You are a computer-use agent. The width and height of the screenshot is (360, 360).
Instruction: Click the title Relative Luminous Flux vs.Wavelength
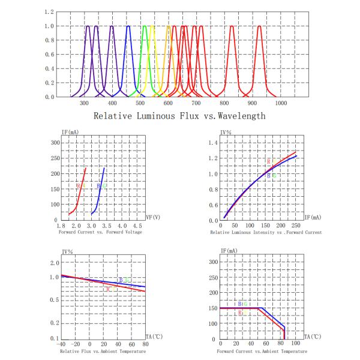(x=180, y=116)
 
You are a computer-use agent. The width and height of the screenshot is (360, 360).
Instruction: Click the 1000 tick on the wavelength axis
(x=281, y=103)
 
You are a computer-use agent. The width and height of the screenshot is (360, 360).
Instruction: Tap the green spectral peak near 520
(x=145, y=27)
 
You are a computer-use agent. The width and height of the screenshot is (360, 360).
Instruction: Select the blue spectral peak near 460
(x=128, y=27)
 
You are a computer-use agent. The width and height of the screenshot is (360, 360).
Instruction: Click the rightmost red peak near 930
(x=259, y=27)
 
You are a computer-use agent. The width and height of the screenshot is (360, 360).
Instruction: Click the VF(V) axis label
(x=154, y=218)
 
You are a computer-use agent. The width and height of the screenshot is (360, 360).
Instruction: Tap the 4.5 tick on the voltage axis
(x=137, y=226)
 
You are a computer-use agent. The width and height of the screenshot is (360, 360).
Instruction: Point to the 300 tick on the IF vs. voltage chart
(x=55, y=143)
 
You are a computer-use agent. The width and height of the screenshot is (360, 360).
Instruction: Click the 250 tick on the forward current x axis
(x=295, y=226)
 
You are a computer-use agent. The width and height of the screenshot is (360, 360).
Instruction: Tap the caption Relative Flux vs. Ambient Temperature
(x=101, y=350)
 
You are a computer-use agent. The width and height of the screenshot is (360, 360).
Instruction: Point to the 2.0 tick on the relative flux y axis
(x=55, y=263)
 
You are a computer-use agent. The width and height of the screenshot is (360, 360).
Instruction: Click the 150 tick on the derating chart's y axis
(x=212, y=308)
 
